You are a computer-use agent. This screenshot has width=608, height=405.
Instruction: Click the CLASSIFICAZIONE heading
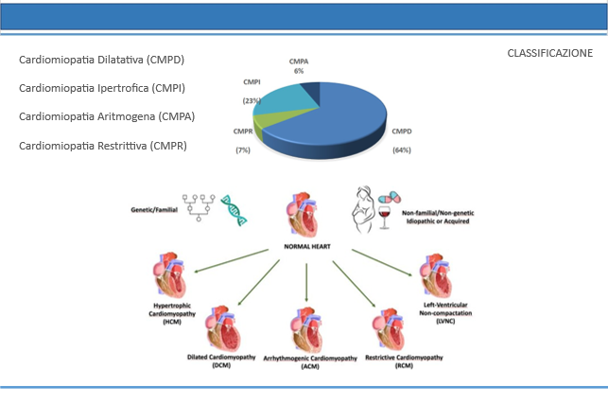(x=549, y=53)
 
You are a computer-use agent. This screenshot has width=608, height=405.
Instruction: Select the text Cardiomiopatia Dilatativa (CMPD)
(x=101, y=60)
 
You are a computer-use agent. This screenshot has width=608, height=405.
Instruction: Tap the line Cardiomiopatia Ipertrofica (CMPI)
(x=102, y=88)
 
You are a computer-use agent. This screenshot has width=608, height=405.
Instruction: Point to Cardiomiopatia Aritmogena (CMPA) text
(x=107, y=116)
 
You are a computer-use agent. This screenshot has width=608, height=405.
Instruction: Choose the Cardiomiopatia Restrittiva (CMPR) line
(x=103, y=146)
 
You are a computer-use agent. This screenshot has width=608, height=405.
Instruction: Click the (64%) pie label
(x=402, y=150)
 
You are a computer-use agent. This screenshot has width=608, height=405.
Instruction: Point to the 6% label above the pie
(x=299, y=71)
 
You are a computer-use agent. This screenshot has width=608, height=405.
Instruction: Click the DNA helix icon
(x=234, y=210)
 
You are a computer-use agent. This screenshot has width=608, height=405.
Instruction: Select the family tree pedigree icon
(x=199, y=208)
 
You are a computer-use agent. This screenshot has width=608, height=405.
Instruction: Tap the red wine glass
(x=384, y=218)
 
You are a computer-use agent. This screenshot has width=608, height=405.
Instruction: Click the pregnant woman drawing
(x=363, y=210)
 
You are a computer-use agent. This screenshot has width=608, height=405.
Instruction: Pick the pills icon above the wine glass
(x=390, y=198)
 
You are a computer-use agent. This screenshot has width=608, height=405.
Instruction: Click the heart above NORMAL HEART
(x=303, y=215)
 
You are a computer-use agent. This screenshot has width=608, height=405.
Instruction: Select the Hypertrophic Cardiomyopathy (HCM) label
(x=172, y=314)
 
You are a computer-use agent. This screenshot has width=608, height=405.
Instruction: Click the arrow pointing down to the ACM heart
(x=306, y=282)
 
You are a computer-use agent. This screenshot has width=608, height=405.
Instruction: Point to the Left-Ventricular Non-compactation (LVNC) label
(x=445, y=313)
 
